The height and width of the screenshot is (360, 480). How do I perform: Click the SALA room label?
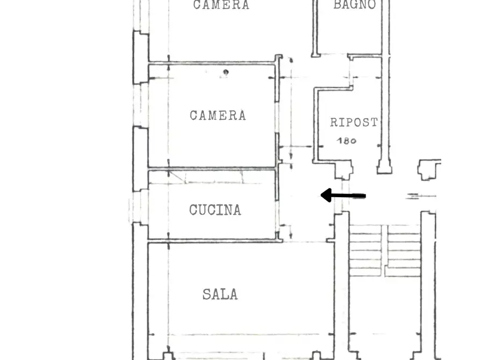pos(220,294)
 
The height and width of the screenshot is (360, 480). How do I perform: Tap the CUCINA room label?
pos(215,210)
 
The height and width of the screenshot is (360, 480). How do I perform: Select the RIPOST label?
pos(353,123)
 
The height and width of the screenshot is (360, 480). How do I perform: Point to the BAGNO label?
pos(354,5)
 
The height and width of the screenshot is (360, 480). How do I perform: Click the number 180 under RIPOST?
pos(346,141)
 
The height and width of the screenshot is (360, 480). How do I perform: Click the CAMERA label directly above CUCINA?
pos(218,115)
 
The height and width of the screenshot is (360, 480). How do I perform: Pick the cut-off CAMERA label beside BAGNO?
pos(221,5)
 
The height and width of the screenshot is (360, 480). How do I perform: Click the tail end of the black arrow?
pos(364,196)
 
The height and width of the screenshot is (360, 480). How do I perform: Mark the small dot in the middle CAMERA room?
pos(226,72)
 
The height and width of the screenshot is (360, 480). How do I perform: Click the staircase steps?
pos(384,250)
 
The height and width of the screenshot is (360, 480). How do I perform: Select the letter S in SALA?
pos(206,294)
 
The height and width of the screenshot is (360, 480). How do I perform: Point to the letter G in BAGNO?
pos(354,5)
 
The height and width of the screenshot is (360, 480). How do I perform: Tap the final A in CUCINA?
pos(237,210)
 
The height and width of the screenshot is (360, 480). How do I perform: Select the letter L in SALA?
pos(225,294)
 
